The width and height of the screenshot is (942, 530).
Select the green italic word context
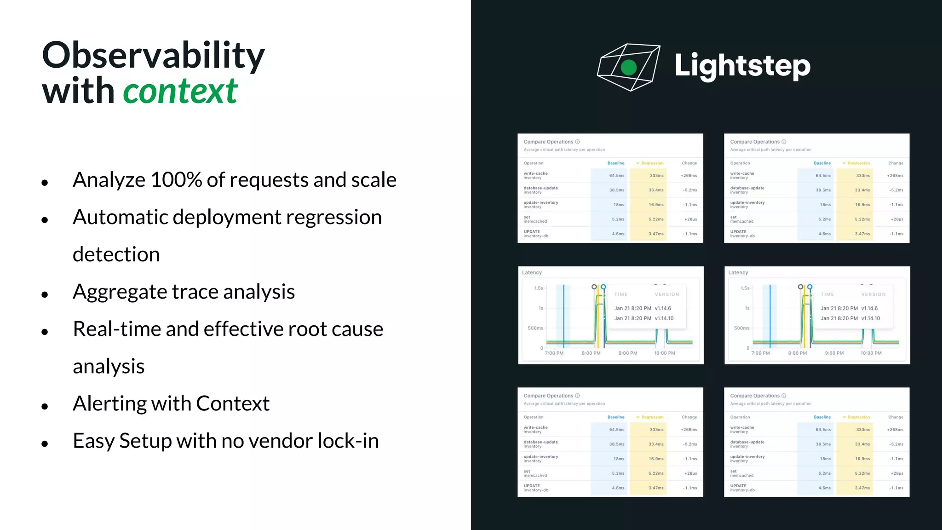(180, 91)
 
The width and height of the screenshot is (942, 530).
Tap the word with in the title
(78, 91)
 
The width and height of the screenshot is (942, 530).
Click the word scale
(373, 180)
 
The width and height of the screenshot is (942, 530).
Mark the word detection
(116, 254)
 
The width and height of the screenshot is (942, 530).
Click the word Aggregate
(120, 292)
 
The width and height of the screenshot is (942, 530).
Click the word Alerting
(109, 403)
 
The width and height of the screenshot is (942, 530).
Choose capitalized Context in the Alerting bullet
(233, 403)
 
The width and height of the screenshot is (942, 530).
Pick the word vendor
(273, 441)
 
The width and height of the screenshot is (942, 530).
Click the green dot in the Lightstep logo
(629, 68)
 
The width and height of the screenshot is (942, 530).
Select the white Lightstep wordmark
(742, 66)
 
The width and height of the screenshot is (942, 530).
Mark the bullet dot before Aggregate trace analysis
(45, 294)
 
